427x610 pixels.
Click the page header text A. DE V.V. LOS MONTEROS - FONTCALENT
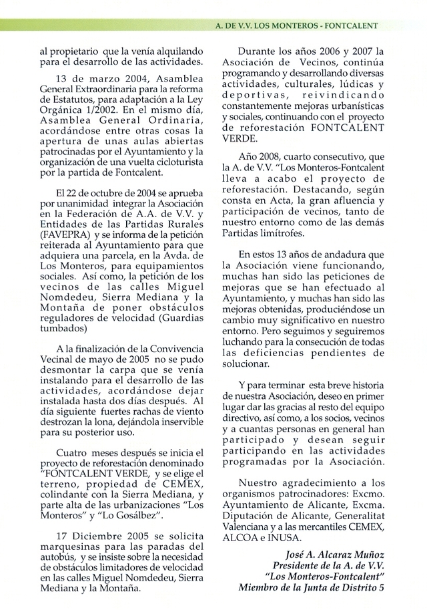(296, 26)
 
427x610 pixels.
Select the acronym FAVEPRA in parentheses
(61, 235)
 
